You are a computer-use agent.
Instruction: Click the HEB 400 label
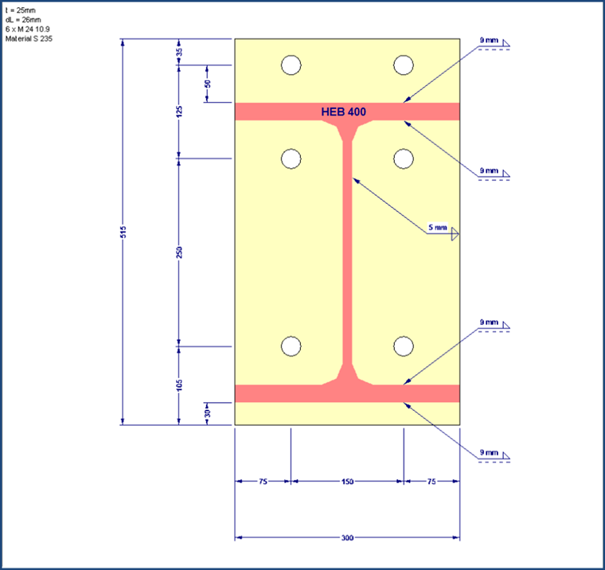[343, 112]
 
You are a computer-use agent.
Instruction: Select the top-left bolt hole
[291, 65]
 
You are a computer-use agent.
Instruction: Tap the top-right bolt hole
[404, 65]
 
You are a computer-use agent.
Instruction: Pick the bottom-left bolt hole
[291, 346]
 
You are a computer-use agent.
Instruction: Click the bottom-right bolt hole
[404, 346]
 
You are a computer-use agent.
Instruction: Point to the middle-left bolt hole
[291, 158]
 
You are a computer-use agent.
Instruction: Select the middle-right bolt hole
[404, 158]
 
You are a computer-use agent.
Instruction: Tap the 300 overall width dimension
[347, 538]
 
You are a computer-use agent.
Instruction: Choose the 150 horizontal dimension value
[347, 482]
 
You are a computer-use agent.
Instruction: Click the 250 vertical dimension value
[180, 252]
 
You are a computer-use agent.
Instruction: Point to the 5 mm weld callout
[438, 228]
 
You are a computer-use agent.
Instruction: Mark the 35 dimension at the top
[180, 52]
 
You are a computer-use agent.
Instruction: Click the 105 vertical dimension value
[180, 385]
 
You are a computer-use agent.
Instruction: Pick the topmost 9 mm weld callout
[489, 40]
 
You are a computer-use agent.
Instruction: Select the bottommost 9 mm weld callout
[489, 452]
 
